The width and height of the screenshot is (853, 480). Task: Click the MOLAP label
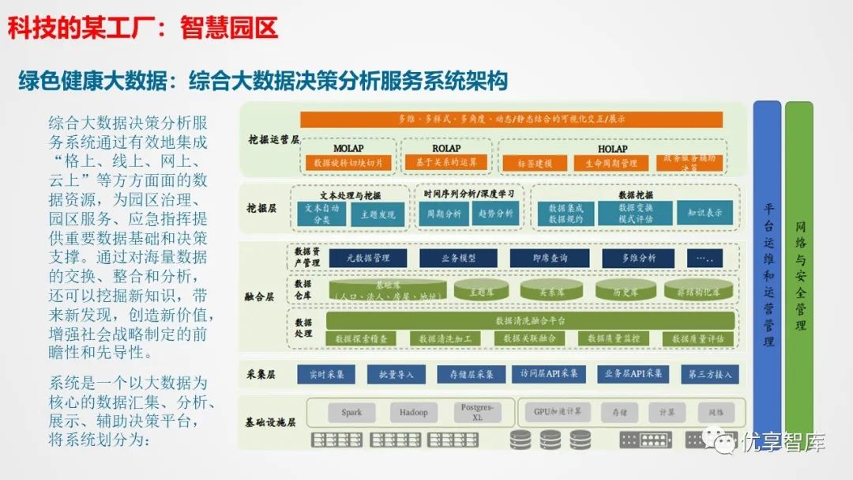coord(348,148)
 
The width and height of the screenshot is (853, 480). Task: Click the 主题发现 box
coord(378,214)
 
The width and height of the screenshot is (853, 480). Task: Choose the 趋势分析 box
coord(494,214)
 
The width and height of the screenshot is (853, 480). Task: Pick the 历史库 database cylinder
coord(626,291)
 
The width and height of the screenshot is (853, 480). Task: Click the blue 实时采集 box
coord(325,374)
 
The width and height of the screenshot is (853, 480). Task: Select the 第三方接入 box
coord(709,374)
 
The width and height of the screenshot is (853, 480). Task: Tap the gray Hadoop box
coord(413,412)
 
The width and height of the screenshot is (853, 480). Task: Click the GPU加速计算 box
coord(557,412)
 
